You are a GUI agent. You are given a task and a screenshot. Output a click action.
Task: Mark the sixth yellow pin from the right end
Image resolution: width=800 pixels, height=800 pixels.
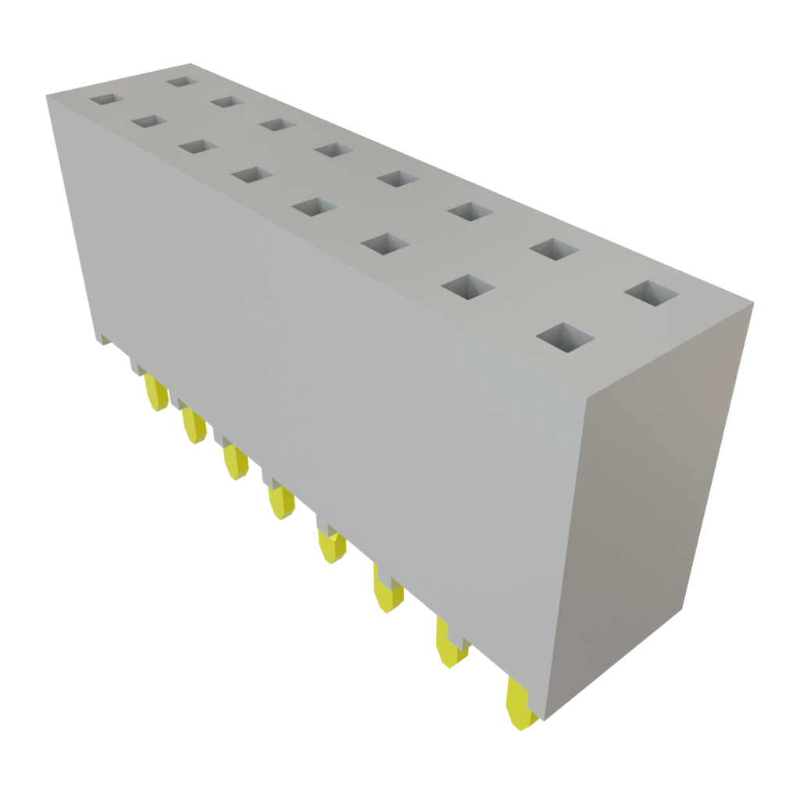coord(234,462)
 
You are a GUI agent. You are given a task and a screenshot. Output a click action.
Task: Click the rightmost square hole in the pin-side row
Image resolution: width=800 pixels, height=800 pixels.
coord(566,337)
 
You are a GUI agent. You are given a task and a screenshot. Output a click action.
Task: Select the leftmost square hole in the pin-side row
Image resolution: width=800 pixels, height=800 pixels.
coord(106,100)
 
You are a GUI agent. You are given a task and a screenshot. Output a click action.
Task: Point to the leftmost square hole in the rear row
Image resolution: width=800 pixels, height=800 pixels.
coord(181,80)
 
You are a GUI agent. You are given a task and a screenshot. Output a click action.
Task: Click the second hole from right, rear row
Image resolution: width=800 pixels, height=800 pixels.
coord(554,250)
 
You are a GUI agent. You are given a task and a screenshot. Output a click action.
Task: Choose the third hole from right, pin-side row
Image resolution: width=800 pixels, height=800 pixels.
coord(386,245)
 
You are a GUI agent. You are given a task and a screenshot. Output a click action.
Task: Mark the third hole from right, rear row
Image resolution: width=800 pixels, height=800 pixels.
coord(470,212)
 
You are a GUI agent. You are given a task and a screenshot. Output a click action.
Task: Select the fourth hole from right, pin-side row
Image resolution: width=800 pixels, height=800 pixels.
coord(315,208)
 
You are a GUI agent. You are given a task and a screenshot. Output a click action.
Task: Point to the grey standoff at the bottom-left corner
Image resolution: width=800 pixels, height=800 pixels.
coord(105,339)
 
